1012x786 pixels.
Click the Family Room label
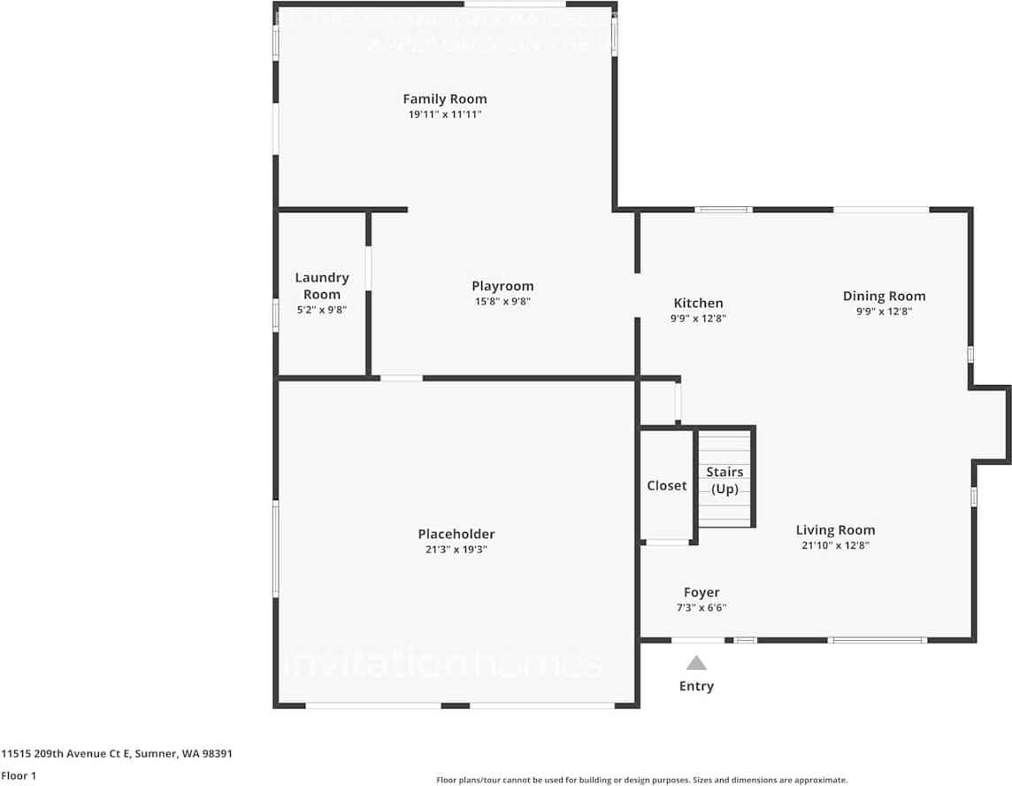pos(444,99)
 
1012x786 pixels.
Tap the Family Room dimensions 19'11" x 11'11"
pos(444,115)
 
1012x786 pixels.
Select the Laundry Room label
pos(322,286)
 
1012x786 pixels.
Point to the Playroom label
pos(502,286)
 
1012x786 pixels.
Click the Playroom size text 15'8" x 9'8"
pos(502,302)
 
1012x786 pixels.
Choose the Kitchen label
pos(698,303)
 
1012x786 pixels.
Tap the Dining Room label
pos(884,296)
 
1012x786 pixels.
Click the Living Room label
pos(835,530)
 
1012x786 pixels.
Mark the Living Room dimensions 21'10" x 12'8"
pos(835,546)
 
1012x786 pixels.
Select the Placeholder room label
pos(456,534)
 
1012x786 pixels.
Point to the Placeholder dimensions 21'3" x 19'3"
pos(456,550)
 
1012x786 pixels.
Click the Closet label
pos(666,486)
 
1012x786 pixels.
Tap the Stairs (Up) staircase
pos(725,480)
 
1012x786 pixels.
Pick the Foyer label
pos(701,592)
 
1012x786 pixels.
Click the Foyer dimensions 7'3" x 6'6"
pos(701,608)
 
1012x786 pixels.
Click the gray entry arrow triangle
pos(697,663)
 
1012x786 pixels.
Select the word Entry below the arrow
pos(696,686)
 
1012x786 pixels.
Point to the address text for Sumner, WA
pos(117,754)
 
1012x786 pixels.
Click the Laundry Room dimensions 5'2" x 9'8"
pos(321,311)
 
